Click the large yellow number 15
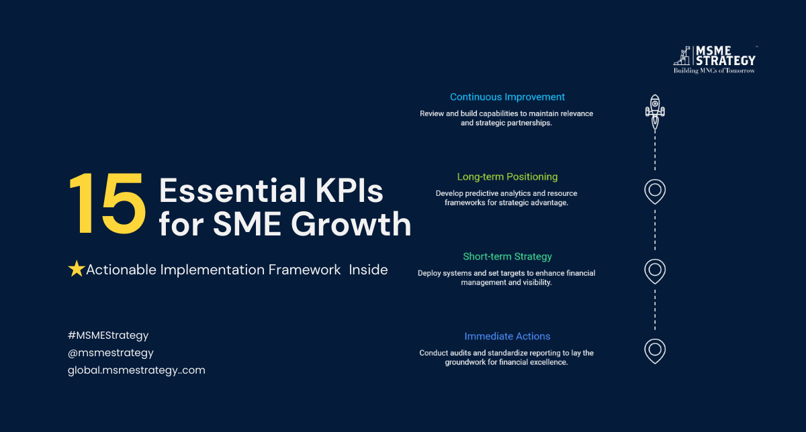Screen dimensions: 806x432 pos(107,203)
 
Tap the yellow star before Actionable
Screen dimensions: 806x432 pos(77,269)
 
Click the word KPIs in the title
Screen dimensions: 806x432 pos(349,191)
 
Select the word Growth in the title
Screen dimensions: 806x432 pos(351,223)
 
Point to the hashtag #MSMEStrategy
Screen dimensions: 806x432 pos(108,335)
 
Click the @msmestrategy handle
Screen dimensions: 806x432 pos(110,353)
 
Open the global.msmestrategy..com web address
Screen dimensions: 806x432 pos(136,370)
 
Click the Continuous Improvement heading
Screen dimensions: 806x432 pos(507,97)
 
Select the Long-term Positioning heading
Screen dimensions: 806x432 pos(507,177)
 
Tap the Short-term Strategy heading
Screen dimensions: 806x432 pos(507,257)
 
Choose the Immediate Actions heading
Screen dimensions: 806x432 pos(507,336)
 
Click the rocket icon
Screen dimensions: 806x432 pos(655,112)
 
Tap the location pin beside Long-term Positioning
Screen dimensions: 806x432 pos(655,192)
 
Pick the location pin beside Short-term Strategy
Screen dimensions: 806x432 pos(655,272)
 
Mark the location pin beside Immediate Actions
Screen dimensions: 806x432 pos(655,352)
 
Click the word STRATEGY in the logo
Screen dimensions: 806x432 pos(725,60)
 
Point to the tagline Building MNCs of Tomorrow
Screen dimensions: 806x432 pos(714,70)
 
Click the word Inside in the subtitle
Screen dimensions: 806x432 pos(368,270)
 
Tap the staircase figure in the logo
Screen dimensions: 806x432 pos(682,56)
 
